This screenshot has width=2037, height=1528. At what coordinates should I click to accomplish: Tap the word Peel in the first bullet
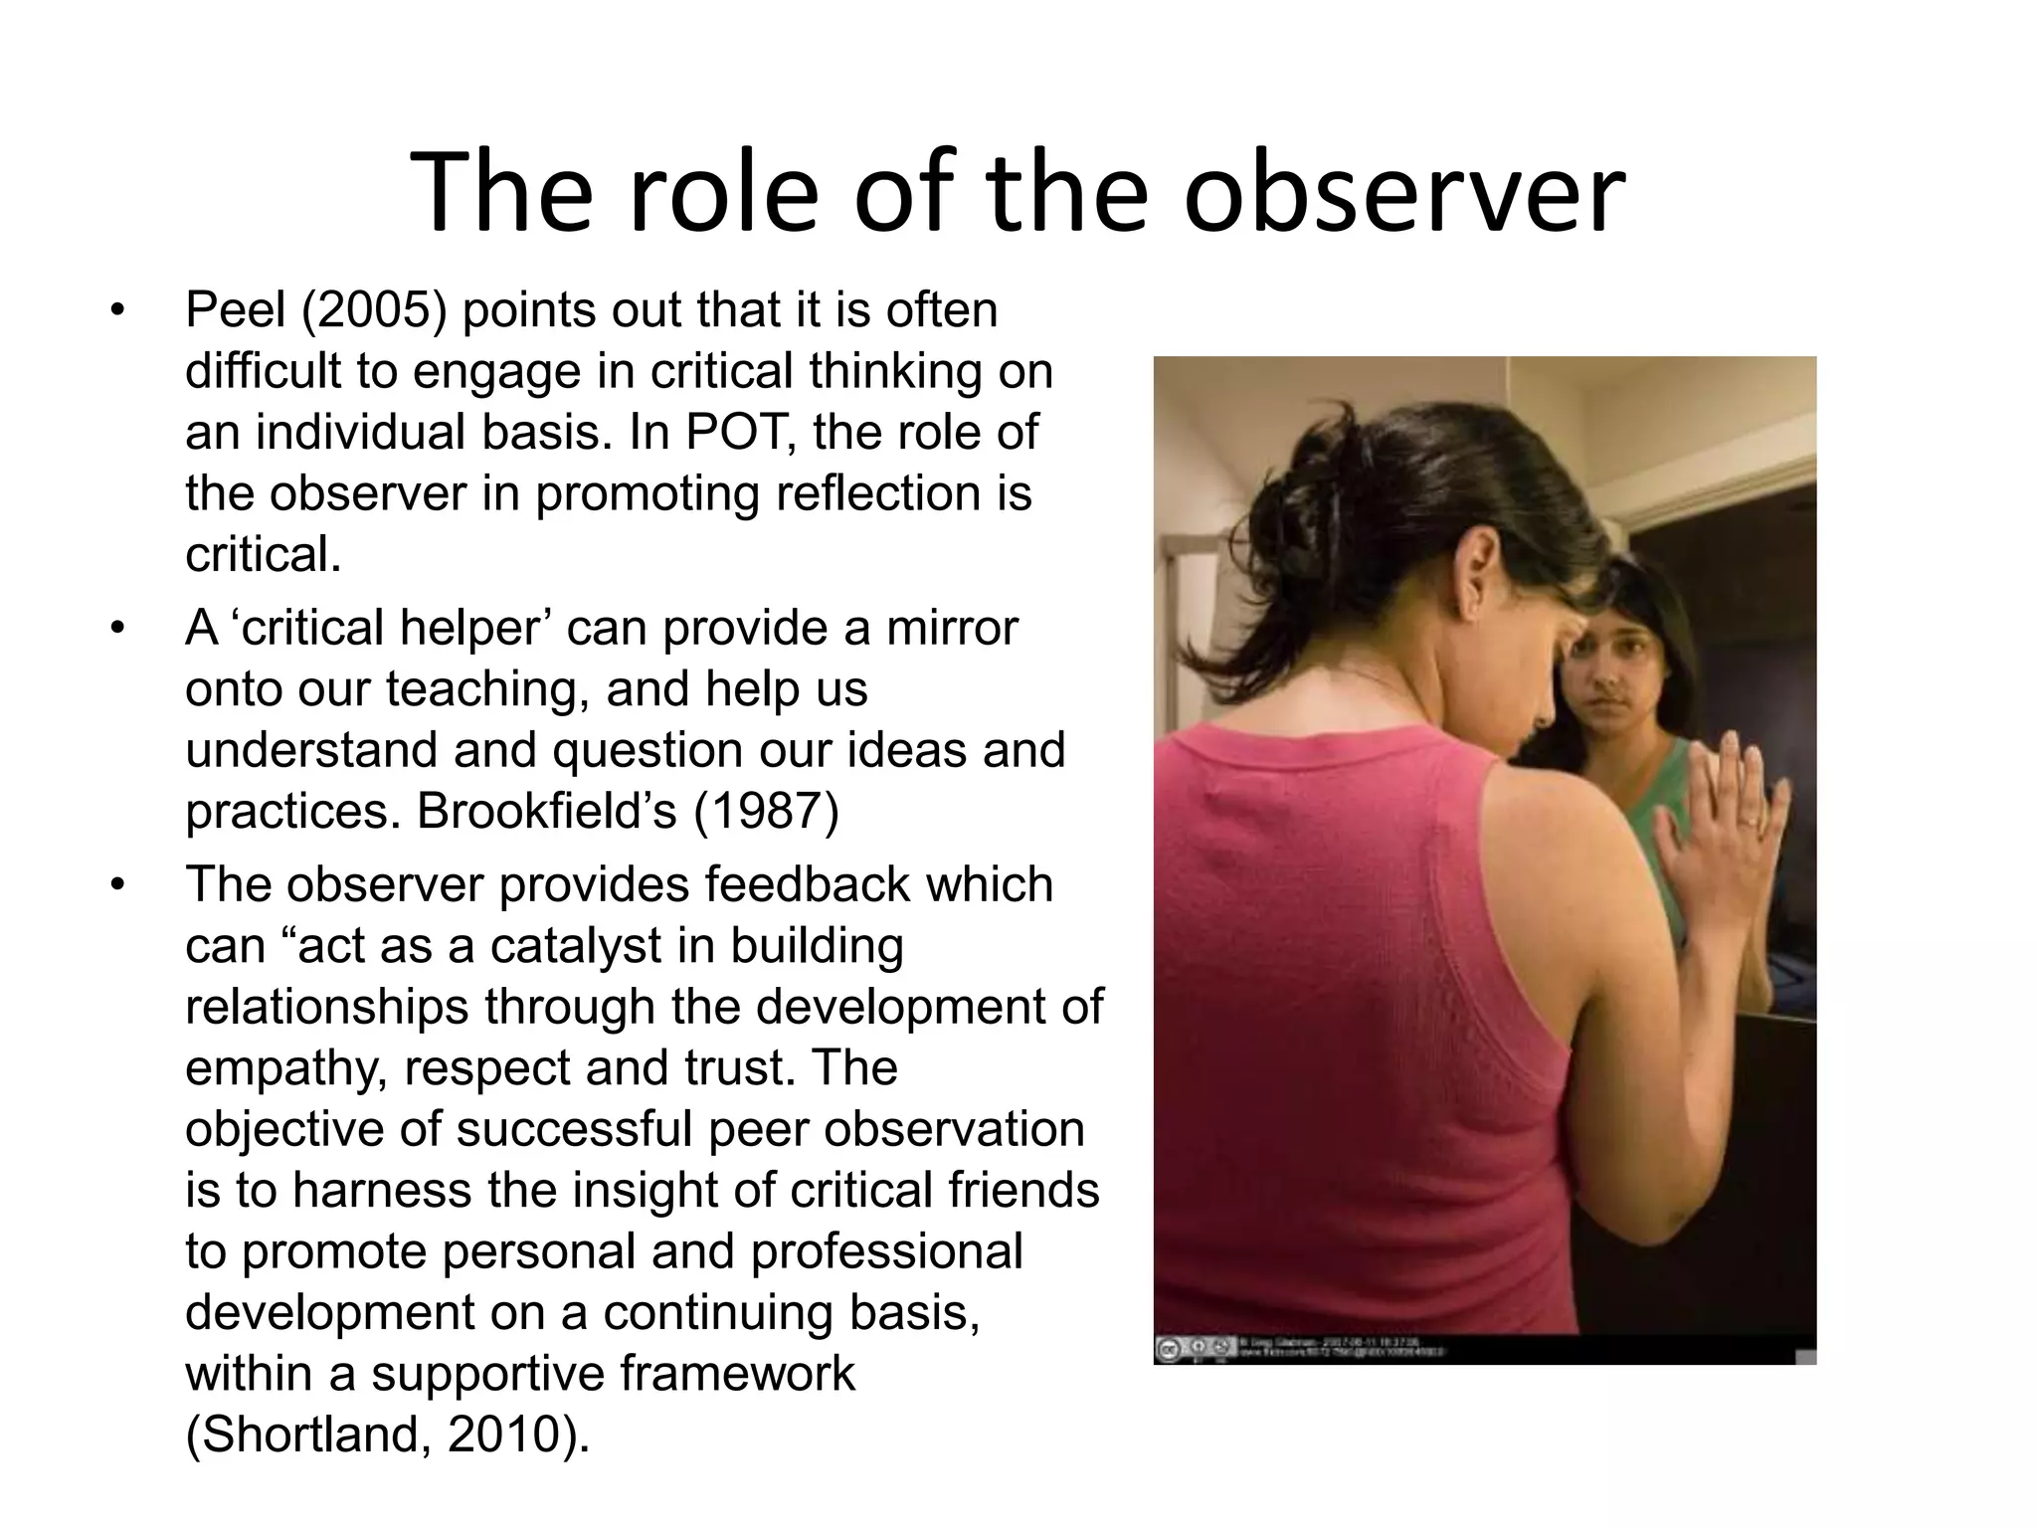click(x=235, y=310)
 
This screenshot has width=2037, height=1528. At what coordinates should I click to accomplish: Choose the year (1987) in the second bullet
click(x=766, y=811)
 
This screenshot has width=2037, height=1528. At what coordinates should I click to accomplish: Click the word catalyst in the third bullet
click(x=576, y=945)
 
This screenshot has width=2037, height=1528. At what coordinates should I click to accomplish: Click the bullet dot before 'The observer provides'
click(x=118, y=885)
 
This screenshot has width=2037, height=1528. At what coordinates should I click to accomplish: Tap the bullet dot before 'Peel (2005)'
click(x=118, y=310)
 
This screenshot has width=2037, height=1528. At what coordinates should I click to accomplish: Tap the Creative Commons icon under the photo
click(x=1168, y=1349)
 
